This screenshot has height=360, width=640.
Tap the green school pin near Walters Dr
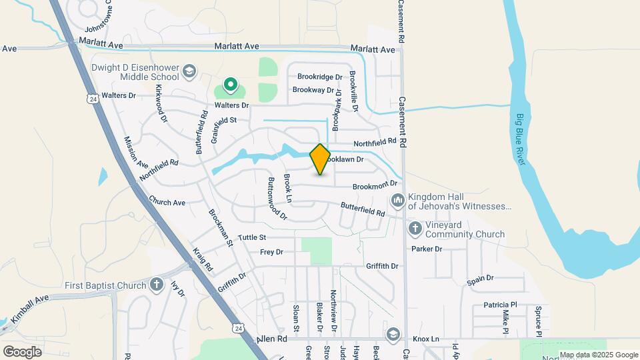coord(231,85)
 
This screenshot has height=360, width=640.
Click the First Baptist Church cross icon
coord(157,285)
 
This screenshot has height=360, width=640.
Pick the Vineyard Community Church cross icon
coord(415,229)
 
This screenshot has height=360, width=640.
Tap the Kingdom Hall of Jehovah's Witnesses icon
coord(398,200)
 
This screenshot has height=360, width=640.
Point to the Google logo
coord(22,351)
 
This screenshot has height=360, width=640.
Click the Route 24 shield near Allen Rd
coord(238,328)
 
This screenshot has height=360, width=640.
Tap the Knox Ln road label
coord(426,339)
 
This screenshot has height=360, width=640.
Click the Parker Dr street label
coord(427,249)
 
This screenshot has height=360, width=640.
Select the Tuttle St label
coord(252,237)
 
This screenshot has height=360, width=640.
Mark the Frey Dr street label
coord(271,252)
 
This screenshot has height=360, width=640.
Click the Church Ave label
coord(167,202)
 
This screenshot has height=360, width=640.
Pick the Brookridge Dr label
coord(319,77)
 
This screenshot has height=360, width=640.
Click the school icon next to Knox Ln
coord(393,333)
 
